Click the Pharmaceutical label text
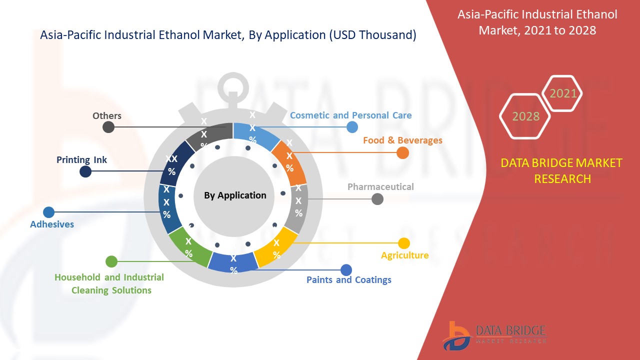(x=380, y=187)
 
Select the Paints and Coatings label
(x=349, y=280)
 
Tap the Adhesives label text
(x=52, y=224)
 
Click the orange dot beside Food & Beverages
(x=402, y=153)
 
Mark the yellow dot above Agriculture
(x=403, y=243)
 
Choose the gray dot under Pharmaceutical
(x=377, y=199)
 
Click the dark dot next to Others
(x=108, y=127)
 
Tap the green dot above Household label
(x=111, y=261)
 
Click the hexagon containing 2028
(x=525, y=116)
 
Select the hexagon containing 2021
(x=563, y=93)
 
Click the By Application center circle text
(x=235, y=195)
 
